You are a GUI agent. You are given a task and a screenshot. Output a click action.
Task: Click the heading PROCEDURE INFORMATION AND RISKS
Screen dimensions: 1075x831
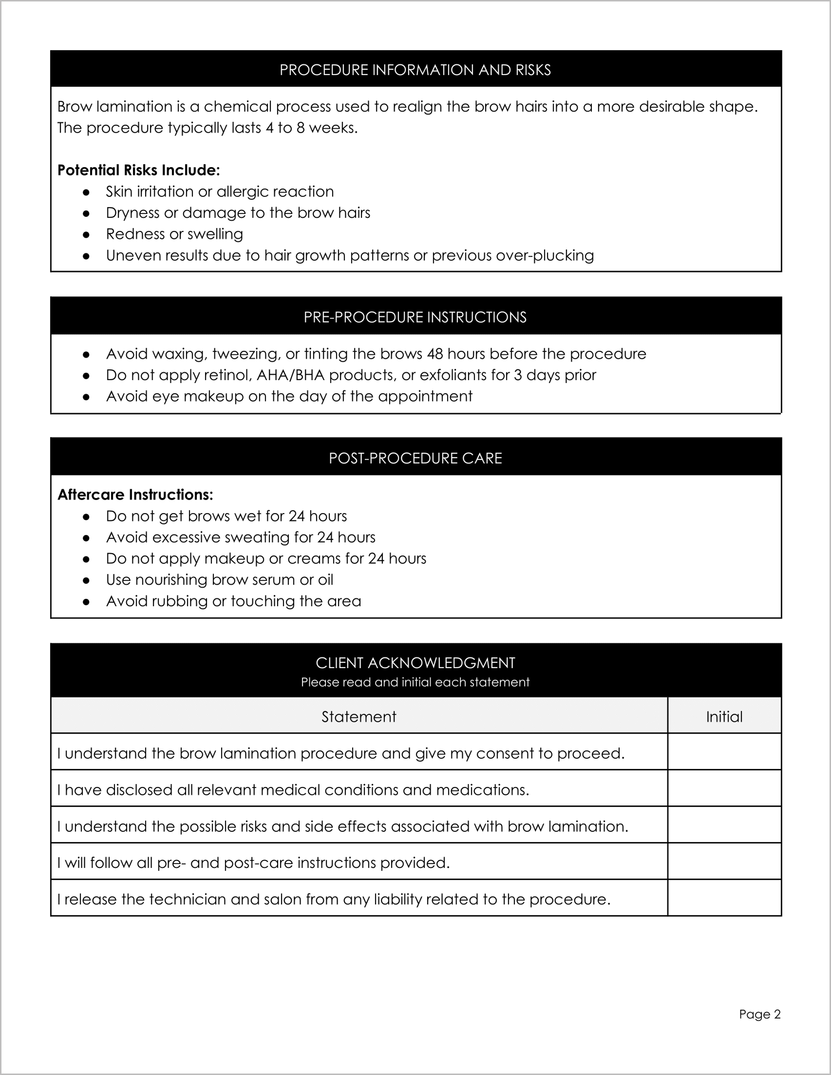pos(415,70)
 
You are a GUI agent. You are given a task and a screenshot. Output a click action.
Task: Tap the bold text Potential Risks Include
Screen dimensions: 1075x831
pos(138,170)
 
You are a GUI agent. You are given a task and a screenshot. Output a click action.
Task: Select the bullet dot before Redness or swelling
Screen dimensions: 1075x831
pos(86,235)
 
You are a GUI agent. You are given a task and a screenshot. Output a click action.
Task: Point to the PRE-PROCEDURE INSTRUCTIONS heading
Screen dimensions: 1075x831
pos(415,317)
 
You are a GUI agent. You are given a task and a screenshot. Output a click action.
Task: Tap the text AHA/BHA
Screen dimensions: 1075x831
pos(290,375)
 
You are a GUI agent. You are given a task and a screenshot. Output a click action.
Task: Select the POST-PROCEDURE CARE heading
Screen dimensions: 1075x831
pos(415,458)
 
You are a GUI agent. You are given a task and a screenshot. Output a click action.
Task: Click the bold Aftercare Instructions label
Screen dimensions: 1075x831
pos(135,495)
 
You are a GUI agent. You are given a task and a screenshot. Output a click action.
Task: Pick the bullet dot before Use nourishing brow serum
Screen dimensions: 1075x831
pos(86,580)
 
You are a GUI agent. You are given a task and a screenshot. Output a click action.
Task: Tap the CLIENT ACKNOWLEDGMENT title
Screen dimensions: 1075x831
pos(415,663)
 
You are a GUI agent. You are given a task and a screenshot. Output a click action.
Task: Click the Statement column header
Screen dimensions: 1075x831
pos(359,717)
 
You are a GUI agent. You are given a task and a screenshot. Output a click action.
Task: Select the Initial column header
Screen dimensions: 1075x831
pos(724,717)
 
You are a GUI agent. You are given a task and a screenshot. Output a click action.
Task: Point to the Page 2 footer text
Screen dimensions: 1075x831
pos(759,1014)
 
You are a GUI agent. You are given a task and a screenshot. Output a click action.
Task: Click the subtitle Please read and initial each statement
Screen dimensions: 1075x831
pos(415,682)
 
